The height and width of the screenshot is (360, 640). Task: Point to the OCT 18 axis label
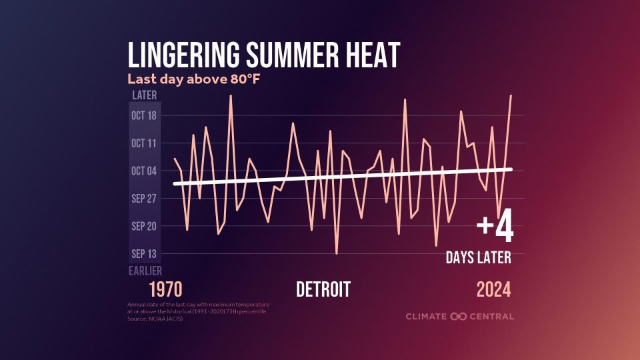(x=143, y=115)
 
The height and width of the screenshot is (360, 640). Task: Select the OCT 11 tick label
(x=143, y=143)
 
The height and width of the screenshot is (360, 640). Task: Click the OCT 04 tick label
(x=143, y=171)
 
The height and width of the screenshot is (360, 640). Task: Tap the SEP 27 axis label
(x=143, y=199)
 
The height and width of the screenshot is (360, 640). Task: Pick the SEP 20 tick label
(x=143, y=226)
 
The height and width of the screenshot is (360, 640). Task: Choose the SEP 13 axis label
(x=143, y=254)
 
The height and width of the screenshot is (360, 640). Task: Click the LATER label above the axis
(x=144, y=95)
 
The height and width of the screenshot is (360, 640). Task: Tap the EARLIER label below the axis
(x=144, y=271)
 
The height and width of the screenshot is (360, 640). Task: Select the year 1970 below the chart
(x=165, y=290)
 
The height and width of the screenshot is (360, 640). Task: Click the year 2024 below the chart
(x=493, y=290)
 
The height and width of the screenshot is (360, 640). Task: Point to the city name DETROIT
(x=323, y=290)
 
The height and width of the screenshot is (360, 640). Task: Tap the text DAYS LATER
(x=479, y=257)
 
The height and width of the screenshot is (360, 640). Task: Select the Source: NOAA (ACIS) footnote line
(x=155, y=319)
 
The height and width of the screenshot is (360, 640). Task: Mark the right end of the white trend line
(x=511, y=169)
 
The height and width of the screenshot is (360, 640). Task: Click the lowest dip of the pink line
(x=337, y=254)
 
